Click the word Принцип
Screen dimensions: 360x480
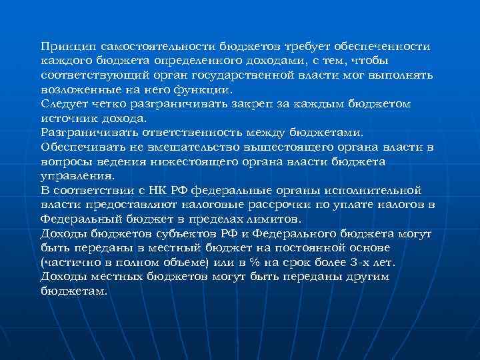[x=65, y=47]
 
